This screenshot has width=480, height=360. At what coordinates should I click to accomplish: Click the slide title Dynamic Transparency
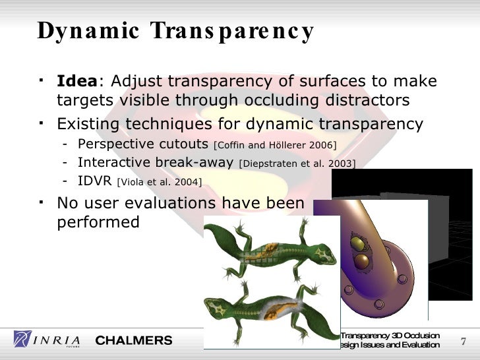click(175, 31)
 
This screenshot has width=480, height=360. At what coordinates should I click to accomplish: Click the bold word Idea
click(77, 82)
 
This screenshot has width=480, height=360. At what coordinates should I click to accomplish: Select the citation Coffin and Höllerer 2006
click(276, 145)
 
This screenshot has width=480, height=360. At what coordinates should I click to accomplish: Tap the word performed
click(98, 222)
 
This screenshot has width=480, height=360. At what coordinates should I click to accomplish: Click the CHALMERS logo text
click(134, 340)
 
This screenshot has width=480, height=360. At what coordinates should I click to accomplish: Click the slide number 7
click(462, 341)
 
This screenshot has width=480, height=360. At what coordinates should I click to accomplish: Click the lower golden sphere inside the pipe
click(361, 264)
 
